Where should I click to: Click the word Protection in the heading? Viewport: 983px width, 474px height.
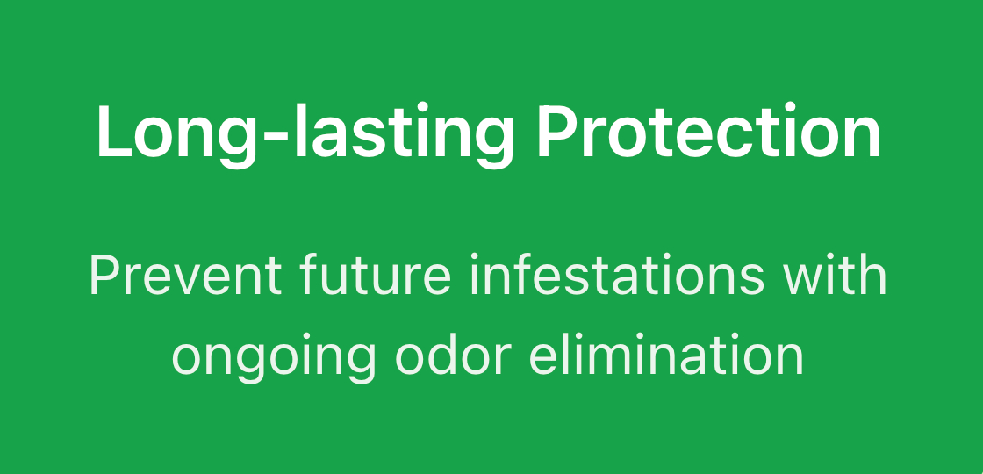tap(708, 133)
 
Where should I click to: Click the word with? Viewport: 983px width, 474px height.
tap(836, 275)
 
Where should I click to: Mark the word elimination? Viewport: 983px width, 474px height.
tap(666, 355)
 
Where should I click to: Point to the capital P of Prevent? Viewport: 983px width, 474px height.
tap(105, 275)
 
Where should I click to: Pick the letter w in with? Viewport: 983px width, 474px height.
tap(807, 280)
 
